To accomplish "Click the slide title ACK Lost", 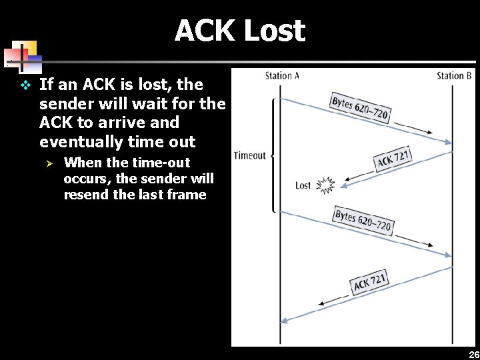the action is click(x=239, y=31).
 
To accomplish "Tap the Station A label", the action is click(x=282, y=75).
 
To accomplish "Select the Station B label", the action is click(x=454, y=75).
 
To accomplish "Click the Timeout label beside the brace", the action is click(x=249, y=155).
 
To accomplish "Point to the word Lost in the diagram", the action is click(x=303, y=185).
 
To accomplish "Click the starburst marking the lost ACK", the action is click(x=325, y=185).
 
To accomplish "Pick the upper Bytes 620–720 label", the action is click(x=361, y=108).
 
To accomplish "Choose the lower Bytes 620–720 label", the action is click(x=363, y=220).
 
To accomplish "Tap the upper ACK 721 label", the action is click(x=393, y=159).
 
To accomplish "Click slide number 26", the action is click(x=473, y=354).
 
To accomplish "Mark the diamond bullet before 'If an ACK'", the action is click(x=25, y=85).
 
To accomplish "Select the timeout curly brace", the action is click(x=273, y=155).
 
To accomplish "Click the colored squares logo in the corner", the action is click(x=23, y=57).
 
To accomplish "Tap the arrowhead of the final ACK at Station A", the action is click(x=283, y=321).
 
